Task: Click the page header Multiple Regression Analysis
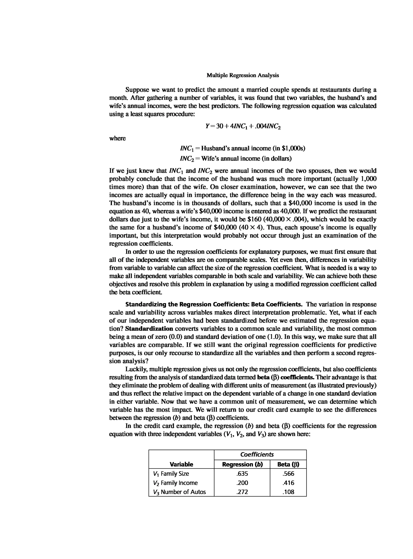(243, 75)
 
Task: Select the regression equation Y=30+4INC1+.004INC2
(243, 126)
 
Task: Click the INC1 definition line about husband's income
(243, 148)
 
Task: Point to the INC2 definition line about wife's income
(236, 159)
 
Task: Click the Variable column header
(181, 464)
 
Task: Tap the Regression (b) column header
(242, 464)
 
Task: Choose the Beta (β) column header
(288, 464)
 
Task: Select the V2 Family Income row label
(175, 483)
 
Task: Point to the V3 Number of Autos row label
(179, 492)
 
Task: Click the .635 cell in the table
(242, 473)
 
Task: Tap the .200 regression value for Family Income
(242, 483)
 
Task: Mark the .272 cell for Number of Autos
(242, 492)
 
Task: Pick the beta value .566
(288, 473)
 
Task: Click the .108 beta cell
(288, 492)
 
